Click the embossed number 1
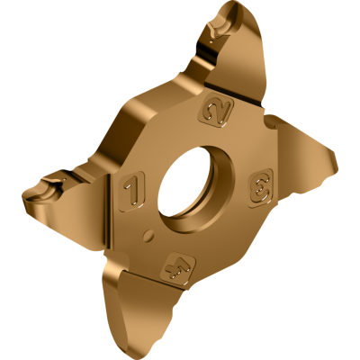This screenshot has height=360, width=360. [x=131, y=189]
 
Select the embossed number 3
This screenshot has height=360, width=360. [x=258, y=187]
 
